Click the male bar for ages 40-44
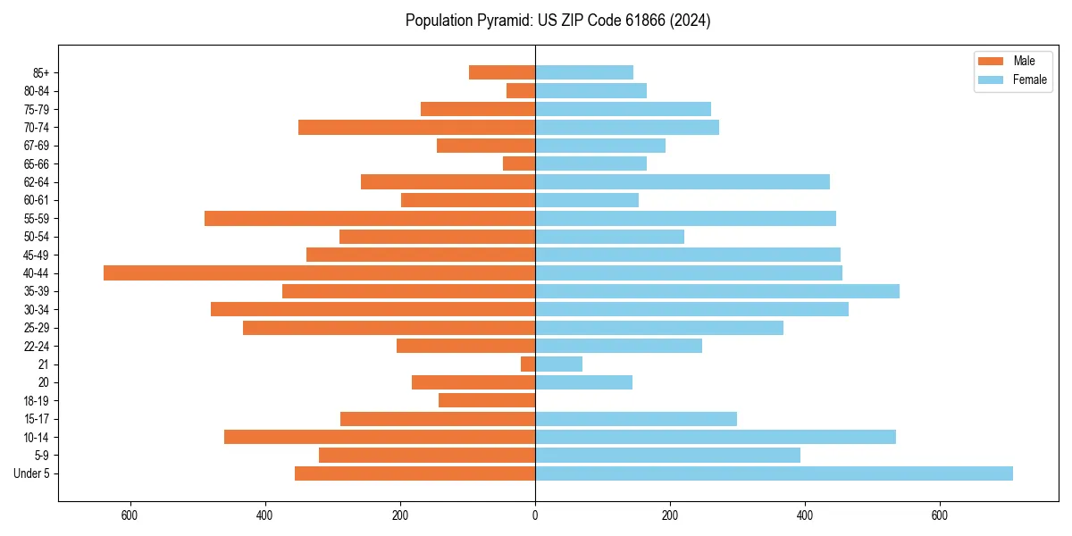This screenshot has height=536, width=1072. click(x=319, y=273)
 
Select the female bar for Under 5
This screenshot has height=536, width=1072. click(x=774, y=473)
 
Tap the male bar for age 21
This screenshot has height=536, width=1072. click(x=528, y=364)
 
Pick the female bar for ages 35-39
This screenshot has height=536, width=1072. click(x=717, y=291)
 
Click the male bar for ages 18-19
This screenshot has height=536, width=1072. click(x=487, y=401)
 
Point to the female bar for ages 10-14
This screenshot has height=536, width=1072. click(x=716, y=437)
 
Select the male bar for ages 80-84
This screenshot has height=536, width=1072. click(x=521, y=91)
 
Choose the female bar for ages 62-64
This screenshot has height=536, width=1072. click(x=683, y=182)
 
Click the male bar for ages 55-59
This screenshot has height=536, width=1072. click(x=370, y=219)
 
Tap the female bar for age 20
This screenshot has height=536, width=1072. click(x=584, y=382)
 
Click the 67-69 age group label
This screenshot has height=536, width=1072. click(x=37, y=146)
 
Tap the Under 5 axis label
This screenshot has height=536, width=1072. click(x=31, y=473)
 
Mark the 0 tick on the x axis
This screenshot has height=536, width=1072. click(x=535, y=515)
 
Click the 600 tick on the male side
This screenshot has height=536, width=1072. click(x=130, y=515)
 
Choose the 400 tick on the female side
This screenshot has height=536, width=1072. click(x=805, y=515)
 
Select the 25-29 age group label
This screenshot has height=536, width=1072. click(x=37, y=328)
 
